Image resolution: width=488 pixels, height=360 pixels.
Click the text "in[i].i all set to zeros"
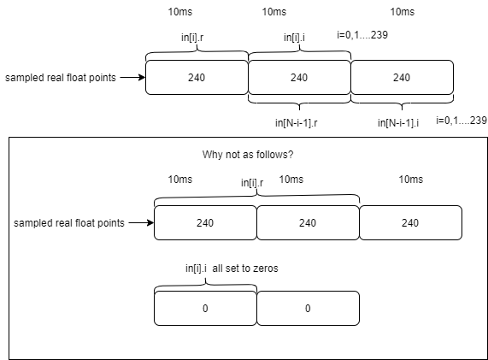pos(232,268)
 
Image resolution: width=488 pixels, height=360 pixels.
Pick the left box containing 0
pos(205,308)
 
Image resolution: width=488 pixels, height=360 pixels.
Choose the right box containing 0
pos(308,308)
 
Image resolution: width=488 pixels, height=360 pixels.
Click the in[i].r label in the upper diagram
pos(196,37)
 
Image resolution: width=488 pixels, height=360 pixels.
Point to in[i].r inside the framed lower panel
pos(252,182)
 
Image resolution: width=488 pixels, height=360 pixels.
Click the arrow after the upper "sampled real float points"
pos(132,77)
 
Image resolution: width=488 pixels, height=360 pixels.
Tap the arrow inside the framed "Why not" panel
pos(140,223)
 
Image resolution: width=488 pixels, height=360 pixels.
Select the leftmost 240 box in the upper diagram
pos(197,78)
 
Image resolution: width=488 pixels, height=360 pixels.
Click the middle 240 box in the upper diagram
pos(299,78)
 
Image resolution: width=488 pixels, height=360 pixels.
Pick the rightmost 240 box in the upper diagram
pos(402,78)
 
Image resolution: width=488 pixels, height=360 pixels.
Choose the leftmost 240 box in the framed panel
pos(205,223)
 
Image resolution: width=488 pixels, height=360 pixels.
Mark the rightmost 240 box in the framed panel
pos(410,223)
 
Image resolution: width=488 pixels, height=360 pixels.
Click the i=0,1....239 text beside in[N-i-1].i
pos(462,120)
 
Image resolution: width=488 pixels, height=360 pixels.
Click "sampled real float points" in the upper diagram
pos(59,78)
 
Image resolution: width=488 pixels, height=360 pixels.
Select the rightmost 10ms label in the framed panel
pos(410,180)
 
